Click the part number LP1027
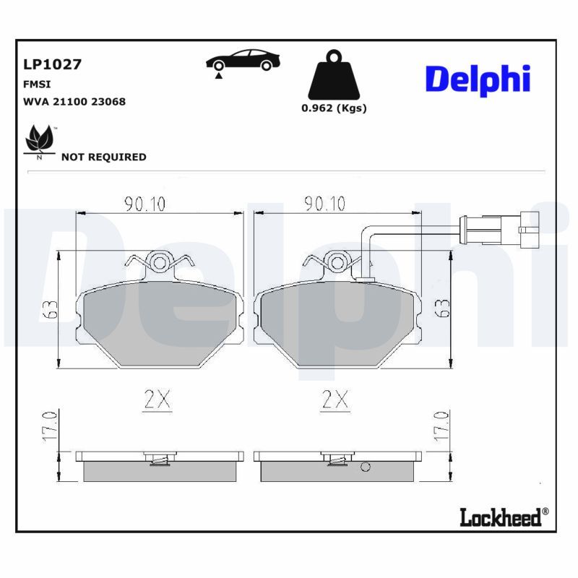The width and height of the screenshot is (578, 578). [x=52, y=64]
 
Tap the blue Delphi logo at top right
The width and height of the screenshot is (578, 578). [x=478, y=80]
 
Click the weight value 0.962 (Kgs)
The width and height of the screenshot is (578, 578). [x=334, y=108]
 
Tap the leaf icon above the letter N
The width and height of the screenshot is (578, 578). [x=40, y=139]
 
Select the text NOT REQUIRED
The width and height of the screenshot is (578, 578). [x=103, y=157]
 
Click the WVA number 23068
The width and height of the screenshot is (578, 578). [x=108, y=102]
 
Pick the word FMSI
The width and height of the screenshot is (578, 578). [x=37, y=85]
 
